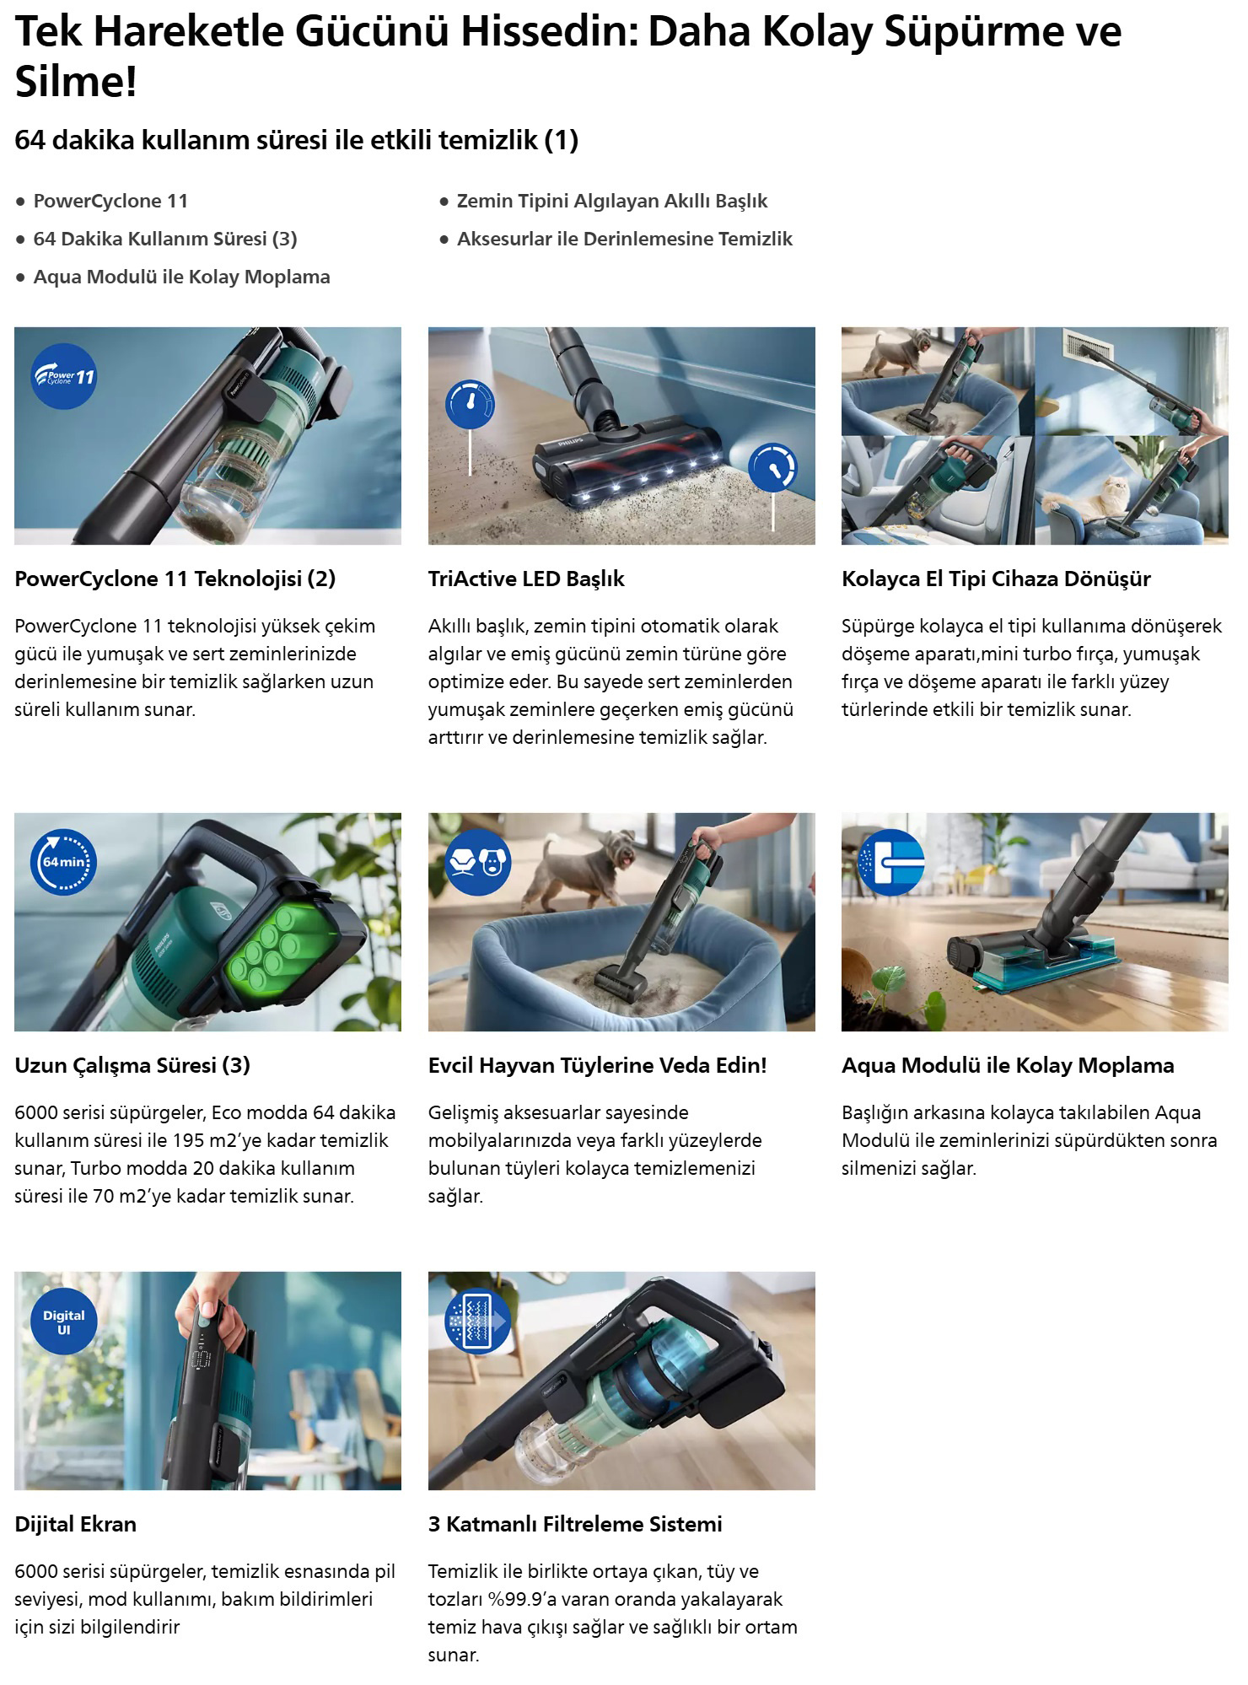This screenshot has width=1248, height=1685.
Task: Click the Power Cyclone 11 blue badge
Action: coord(64,376)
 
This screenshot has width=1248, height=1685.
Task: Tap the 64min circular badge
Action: coord(64,862)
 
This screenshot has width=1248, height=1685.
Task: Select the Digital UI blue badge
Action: coord(64,1322)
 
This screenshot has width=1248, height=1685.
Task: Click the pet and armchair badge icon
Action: coord(478,862)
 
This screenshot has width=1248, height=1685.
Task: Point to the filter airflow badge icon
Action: coord(478,1322)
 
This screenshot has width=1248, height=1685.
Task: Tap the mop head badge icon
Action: coord(891,862)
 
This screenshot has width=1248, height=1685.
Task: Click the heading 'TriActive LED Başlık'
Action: coord(526,579)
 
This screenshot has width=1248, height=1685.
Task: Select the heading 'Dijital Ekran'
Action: coord(75,1524)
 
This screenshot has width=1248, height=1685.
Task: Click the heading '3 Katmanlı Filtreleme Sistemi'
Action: coord(575,1524)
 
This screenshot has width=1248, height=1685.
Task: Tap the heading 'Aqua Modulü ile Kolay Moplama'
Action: coord(1008,1065)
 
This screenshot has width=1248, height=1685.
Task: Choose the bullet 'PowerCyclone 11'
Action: coord(110,201)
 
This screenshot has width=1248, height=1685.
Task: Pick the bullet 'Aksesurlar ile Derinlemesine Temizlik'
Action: coord(625,239)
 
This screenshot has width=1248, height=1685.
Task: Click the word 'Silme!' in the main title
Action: coord(76,83)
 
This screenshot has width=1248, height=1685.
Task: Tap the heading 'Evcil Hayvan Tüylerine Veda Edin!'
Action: coord(597,1065)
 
